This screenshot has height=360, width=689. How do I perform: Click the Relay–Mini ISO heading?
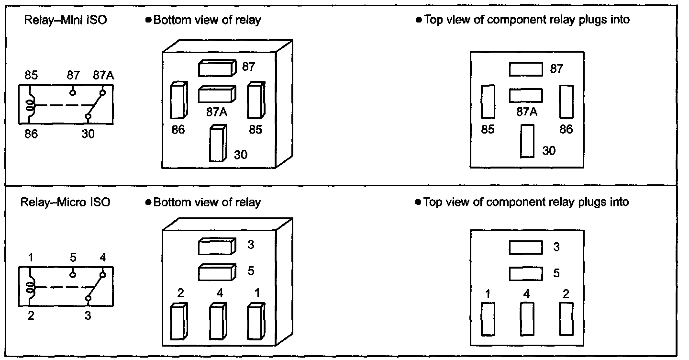pos(66,20)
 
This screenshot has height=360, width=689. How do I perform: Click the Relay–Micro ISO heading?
pos(65,202)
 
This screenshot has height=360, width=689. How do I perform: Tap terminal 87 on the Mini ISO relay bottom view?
pos(217,68)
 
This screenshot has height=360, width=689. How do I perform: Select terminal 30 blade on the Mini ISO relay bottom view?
pos(218,143)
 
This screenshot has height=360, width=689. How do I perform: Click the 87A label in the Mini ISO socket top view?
pos(527,112)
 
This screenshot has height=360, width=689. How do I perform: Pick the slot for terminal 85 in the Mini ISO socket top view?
pos(488,102)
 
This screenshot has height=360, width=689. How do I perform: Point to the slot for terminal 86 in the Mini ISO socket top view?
pos(567,102)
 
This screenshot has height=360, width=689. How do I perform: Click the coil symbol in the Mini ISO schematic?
pos(30,105)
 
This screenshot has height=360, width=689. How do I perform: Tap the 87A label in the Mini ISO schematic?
pos(103,75)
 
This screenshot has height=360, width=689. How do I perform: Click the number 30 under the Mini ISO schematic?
pos(88,134)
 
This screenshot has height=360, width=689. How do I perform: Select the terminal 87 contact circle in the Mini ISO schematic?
pos(73,92)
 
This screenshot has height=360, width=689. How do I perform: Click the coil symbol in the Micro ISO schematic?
pos(30,287)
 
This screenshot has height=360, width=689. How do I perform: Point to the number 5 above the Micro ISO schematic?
pos(73,257)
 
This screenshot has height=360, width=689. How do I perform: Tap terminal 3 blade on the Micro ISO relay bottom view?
pos(217,246)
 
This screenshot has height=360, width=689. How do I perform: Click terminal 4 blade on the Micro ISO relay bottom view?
pos(218,321)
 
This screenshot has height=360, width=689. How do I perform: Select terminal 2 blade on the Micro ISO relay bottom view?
pos(179,321)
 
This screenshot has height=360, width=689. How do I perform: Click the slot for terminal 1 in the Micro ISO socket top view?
pos(488,319)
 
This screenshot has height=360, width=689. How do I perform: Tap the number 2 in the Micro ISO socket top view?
pos(566,294)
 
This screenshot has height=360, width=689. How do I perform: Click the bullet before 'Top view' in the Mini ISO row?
pos(418,20)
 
